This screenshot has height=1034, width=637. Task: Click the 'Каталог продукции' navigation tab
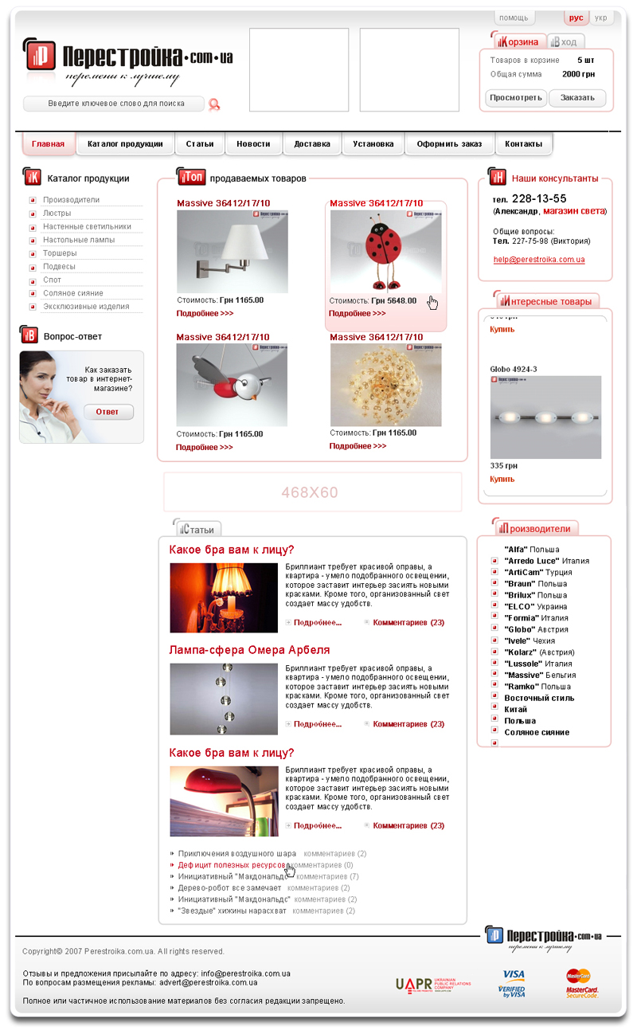pos(125,144)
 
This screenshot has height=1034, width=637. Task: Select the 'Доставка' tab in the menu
pos(311,144)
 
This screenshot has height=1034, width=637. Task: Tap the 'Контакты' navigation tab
pos(523,144)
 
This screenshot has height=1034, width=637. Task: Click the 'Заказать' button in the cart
pos(577,98)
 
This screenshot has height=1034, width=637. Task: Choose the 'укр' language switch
pos(600,18)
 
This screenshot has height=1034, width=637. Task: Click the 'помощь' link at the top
pos(514,18)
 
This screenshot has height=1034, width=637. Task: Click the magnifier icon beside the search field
pos(213,104)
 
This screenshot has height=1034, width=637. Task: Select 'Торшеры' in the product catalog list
pos(60,253)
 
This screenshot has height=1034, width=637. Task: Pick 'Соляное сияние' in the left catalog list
pos(73,293)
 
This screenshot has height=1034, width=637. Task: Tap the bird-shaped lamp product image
pos(232,385)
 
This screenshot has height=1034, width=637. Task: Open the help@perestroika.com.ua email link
pos(539,260)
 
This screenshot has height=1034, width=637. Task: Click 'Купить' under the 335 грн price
pos(502,480)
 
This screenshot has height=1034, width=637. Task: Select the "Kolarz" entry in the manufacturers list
pos(521,652)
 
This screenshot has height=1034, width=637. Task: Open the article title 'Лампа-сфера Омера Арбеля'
pos(249,650)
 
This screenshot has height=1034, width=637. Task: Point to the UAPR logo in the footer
pos(432,984)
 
